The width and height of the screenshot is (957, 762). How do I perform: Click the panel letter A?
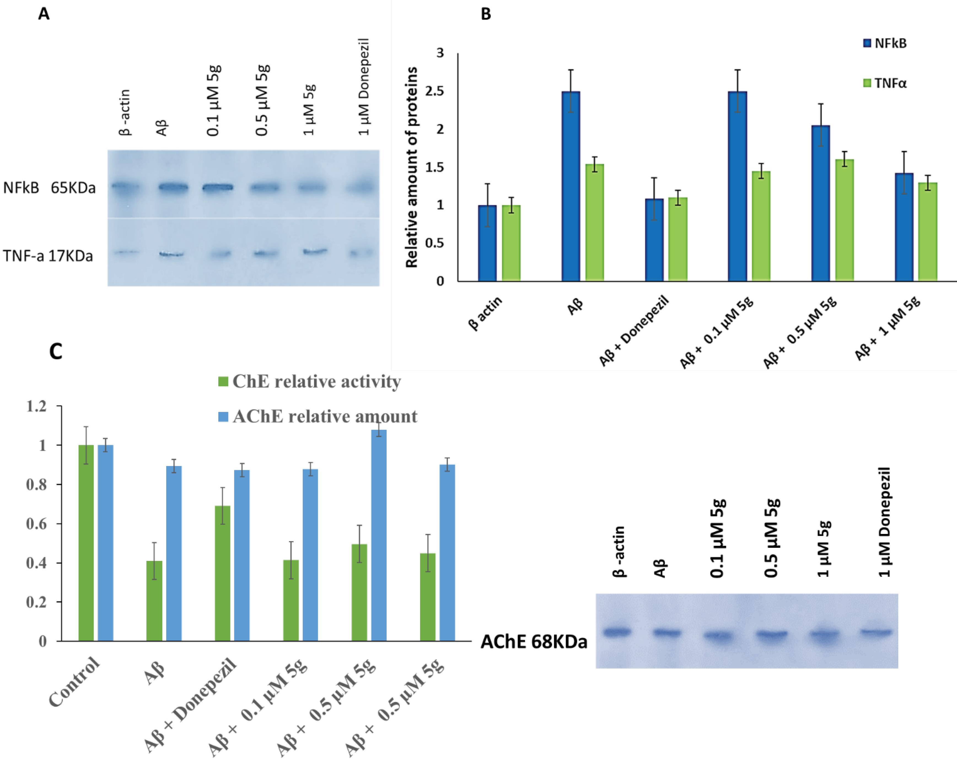[x=44, y=14]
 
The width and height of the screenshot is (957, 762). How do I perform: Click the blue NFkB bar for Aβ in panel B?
[x=571, y=186]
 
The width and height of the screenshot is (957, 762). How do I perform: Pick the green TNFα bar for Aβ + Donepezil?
[x=678, y=239]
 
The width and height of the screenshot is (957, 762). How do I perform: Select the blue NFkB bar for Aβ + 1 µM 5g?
[x=904, y=227]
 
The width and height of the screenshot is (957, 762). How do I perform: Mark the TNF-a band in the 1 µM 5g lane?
[x=315, y=252]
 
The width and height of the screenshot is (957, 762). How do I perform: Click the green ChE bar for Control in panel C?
[x=86, y=543]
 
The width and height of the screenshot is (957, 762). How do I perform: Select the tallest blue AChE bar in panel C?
[x=379, y=535]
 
